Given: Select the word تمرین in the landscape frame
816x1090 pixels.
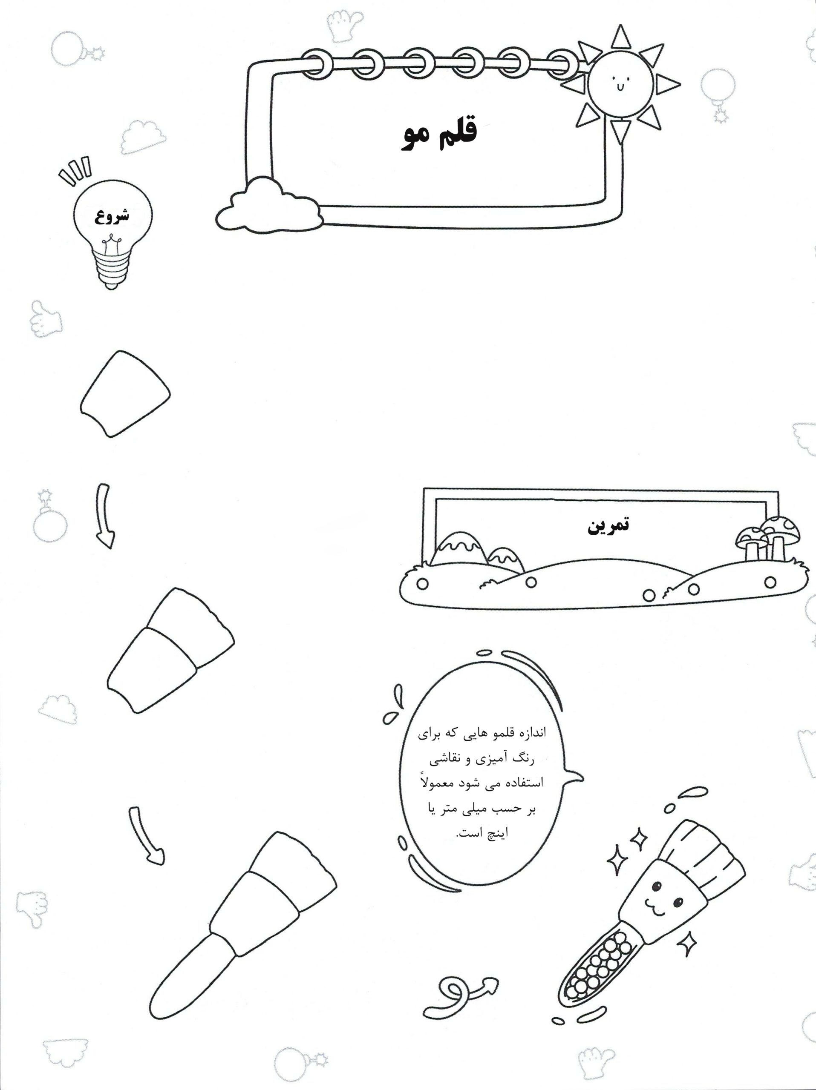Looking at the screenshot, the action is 608,525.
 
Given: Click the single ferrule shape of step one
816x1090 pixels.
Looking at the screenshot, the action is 125,394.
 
